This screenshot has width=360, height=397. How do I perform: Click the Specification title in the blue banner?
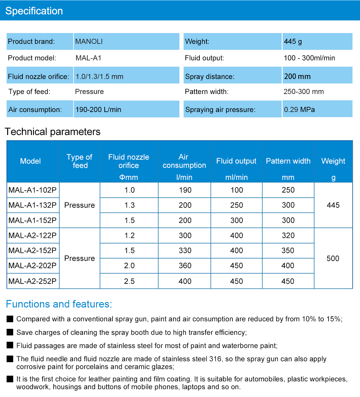(34, 11)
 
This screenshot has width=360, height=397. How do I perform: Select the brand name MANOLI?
(89, 41)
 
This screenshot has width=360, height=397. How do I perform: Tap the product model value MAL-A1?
(88, 58)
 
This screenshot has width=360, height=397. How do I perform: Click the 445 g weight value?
(293, 41)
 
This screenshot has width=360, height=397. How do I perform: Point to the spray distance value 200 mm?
(297, 77)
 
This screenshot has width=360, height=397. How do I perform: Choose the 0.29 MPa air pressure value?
(299, 110)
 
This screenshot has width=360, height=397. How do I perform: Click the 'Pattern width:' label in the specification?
(207, 92)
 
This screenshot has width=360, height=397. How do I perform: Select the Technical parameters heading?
(52, 132)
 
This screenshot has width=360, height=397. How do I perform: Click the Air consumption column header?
(184, 161)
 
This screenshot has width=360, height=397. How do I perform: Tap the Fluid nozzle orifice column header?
(129, 161)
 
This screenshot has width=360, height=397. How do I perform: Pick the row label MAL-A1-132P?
(32, 205)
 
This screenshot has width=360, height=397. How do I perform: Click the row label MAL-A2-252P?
(32, 281)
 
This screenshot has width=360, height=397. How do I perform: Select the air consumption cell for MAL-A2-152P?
(185, 250)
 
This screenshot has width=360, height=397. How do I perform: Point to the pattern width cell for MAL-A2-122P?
(288, 235)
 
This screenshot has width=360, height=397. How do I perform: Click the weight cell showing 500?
(333, 258)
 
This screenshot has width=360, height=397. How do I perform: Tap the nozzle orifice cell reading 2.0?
(129, 265)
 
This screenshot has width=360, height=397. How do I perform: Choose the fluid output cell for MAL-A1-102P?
(237, 190)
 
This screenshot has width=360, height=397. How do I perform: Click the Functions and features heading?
(59, 304)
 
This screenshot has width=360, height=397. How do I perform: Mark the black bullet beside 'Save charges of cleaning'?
(10, 332)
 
